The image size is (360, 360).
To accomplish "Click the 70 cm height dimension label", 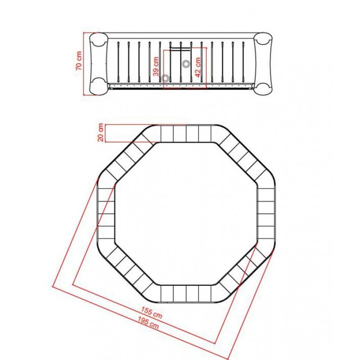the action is coord(79,61).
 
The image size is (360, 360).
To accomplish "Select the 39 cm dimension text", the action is coord(156,66).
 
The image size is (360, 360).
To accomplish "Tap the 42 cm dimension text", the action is coord(198,67).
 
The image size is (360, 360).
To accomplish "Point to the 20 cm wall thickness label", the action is coord(101,132).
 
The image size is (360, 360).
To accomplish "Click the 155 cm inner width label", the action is coord(152,313).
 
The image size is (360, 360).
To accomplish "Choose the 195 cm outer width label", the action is coord(148,322).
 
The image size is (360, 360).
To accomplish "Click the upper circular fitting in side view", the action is coord(186,64).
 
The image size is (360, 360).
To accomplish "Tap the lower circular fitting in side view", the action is coord(165,78).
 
